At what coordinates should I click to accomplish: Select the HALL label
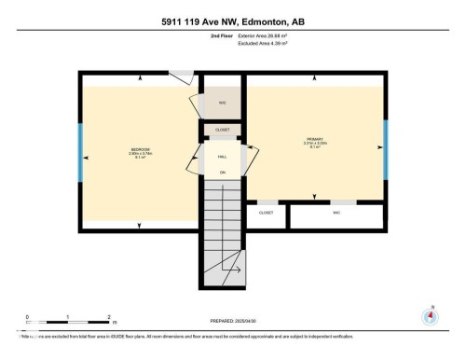[x=222, y=158]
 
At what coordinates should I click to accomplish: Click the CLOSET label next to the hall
[x=222, y=130]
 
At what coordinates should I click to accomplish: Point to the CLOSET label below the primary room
[x=266, y=213]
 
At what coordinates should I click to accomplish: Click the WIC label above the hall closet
[x=223, y=102]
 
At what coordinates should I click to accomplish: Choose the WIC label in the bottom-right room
[x=336, y=213]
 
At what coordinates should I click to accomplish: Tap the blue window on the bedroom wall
[x=80, y=152]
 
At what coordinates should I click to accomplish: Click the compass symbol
[x=430, y=315]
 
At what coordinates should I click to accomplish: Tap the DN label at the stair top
[x=222, y=173]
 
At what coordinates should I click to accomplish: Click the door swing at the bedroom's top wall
[x=186, y=76]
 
